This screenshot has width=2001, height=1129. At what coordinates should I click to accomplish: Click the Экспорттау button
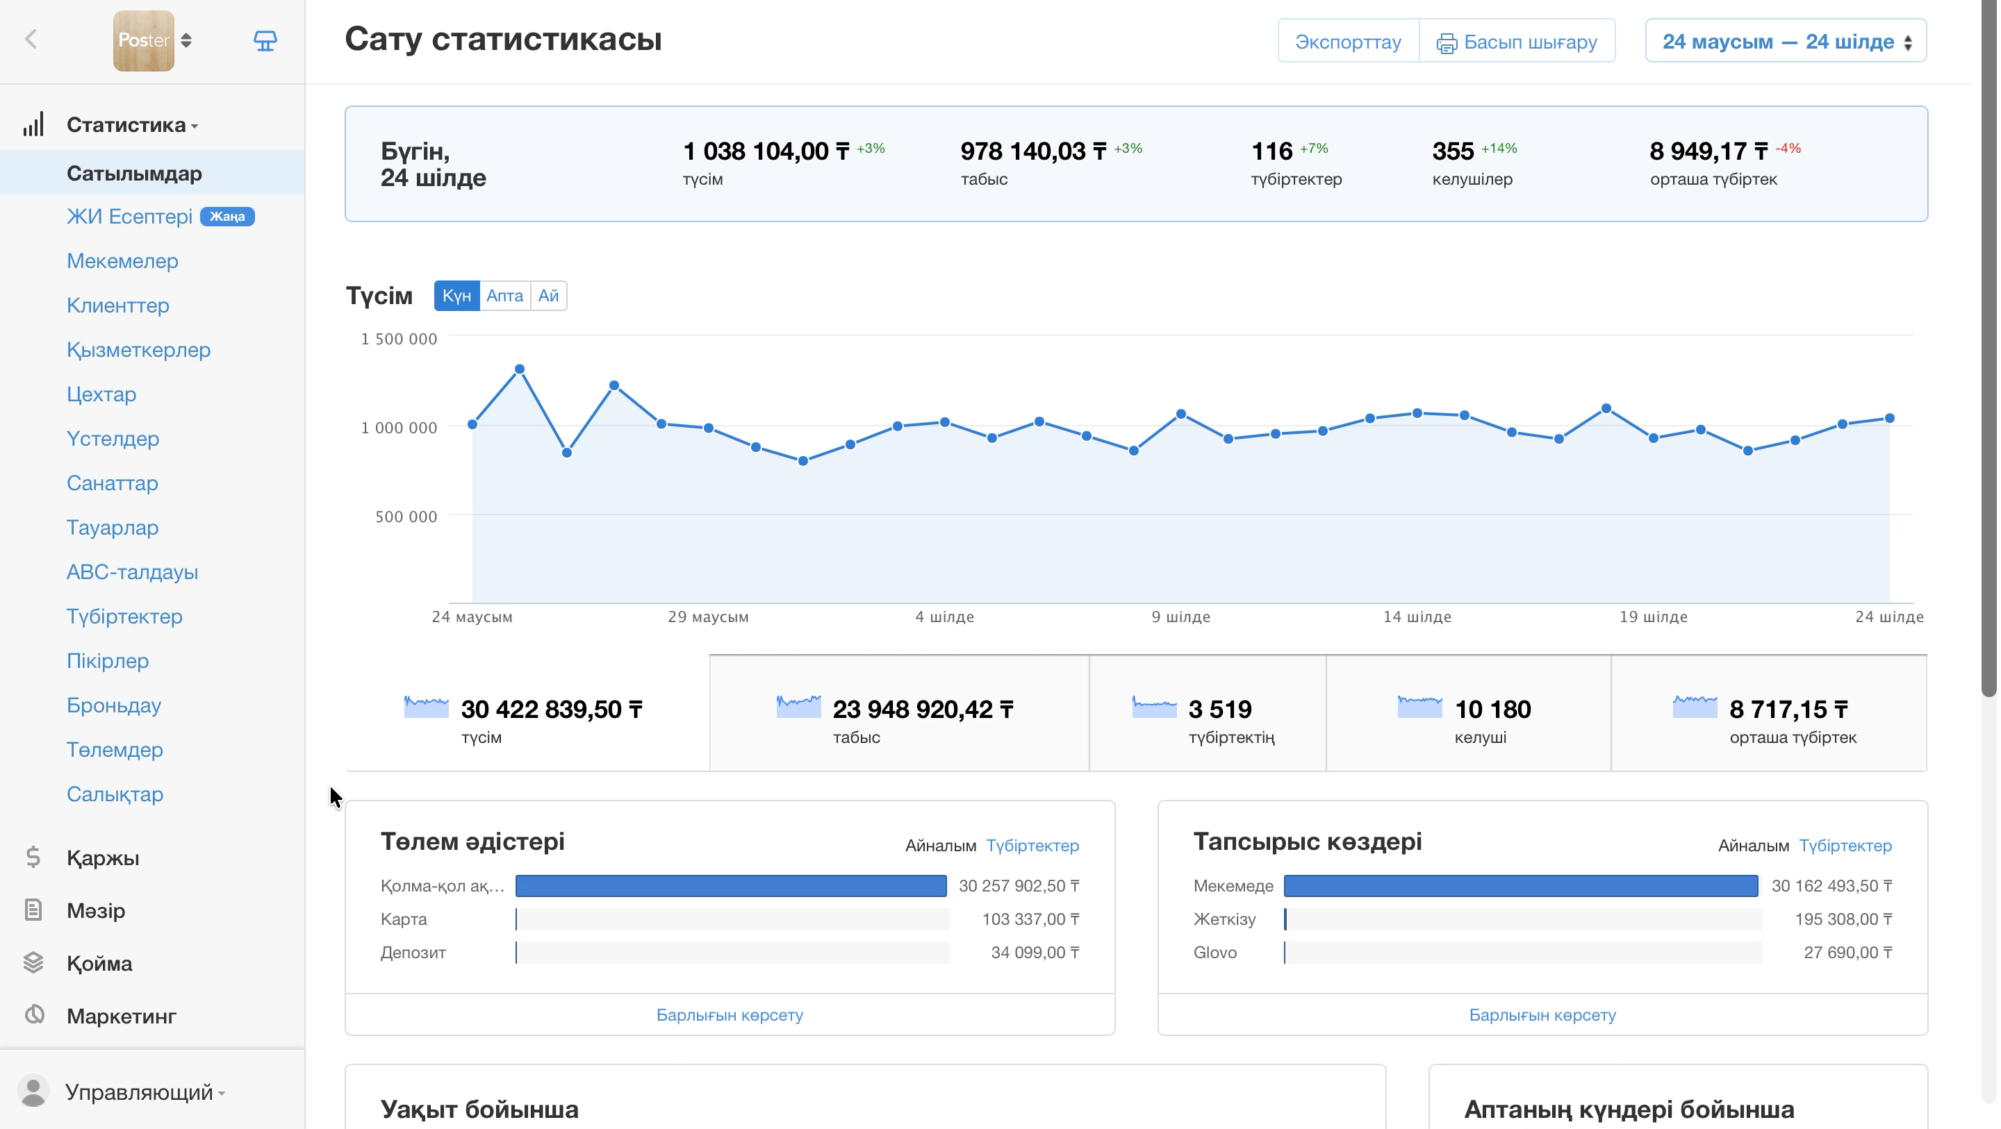[x=1348, y=41]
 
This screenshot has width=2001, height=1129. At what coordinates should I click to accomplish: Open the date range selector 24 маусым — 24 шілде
[x=1785, y=41]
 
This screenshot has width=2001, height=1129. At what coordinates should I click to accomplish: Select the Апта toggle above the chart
[x=504, y=296]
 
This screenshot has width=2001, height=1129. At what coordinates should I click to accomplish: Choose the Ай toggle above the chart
[x=548, y=296]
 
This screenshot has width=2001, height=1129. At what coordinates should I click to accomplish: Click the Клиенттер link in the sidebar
[x=118, y=305]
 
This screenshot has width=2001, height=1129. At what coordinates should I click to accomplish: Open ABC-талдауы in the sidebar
[x=132, y=572]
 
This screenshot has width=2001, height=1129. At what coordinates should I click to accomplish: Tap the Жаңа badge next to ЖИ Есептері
[x=227, y=217]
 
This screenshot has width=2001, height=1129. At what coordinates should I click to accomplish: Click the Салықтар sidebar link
[x=115, y=794]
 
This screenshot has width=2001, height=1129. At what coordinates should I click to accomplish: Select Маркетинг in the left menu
[x=121, y=1016]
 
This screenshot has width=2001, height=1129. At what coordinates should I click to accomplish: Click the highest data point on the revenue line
[x=520, y=369]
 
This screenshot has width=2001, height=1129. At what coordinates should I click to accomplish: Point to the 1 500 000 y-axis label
[x=399, y=339]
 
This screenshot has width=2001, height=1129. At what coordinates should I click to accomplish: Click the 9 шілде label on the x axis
[x=1180, y=617]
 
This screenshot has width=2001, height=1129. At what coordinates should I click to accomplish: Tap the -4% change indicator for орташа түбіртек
[x=1788, y=149]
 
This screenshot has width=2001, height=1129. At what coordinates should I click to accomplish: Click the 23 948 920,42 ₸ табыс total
[x=923, y=709]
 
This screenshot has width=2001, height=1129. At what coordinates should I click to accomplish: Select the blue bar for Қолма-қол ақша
[x=731, y=886]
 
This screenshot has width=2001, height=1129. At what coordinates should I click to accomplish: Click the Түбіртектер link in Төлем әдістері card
[x=1032, y=846]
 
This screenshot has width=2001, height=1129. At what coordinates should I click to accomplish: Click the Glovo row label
[x=1215, y=953]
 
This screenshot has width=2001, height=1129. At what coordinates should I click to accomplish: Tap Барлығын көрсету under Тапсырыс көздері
[x=1542, y=1015]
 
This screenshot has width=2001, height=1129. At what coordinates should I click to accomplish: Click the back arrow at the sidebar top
[x=31, y=40]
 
